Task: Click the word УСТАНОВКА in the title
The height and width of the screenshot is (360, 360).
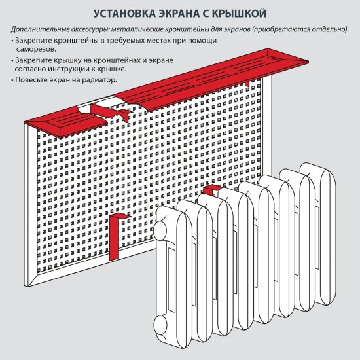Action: (126, 13)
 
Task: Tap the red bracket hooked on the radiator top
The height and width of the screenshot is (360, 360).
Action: (211, 190)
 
